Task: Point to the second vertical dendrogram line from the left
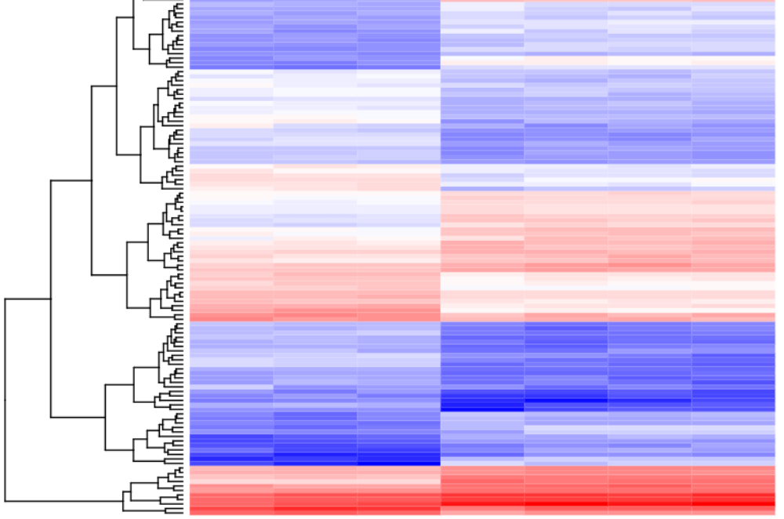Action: pyautogui.click(x=52, y=298)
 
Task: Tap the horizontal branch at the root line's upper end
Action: pyautogui.click(x=28, y=299)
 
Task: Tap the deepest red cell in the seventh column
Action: pyautogui.click(x=734, y=501)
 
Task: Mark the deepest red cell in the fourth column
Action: pyautogui.click(x=482, y=503)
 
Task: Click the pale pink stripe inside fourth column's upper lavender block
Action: pyautogui.click(x=482, y=60)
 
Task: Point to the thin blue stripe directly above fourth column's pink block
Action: pyautogui.click(x=482, y=188)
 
